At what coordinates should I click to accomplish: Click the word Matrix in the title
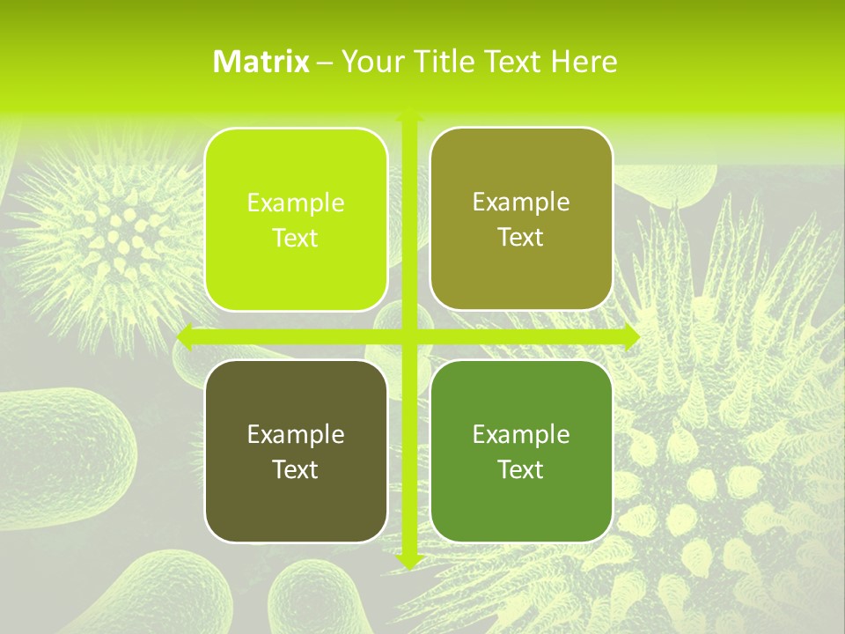(261, 61)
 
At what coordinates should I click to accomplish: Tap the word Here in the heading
(584, 61)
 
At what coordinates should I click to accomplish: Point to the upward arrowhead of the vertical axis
(409, 114)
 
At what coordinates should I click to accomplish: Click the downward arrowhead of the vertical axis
(409, 560)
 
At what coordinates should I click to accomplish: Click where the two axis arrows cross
(409, 335)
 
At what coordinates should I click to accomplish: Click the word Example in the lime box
(296, 203)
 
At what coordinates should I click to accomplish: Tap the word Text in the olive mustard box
(521, 237)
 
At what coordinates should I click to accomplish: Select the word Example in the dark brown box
(296, 434)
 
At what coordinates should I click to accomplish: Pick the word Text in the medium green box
(521, 468)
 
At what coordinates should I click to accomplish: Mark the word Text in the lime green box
(296, 238)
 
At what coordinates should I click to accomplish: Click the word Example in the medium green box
(521, 434)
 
